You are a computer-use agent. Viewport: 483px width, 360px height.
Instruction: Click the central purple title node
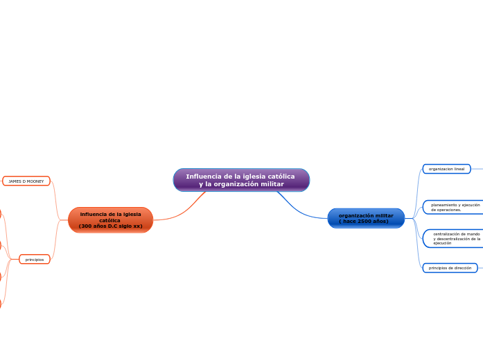[241, 180]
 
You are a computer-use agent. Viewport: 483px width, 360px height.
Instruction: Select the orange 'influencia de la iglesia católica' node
[110, 220]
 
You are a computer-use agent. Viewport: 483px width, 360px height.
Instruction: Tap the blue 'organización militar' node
[366, 218]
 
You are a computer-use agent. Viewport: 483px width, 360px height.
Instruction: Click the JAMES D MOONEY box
[26, 181]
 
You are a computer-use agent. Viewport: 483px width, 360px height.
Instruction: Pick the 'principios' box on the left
[35, 260]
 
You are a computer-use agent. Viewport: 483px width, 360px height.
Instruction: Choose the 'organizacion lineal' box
[446, 169]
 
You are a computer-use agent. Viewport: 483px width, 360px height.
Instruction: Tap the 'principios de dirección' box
[450, 268]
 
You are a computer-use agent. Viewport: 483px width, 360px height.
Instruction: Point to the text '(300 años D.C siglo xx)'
[110, 226]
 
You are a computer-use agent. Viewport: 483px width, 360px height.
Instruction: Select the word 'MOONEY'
[36, 181]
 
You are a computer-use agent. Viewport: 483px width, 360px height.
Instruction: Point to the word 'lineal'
[459, 169]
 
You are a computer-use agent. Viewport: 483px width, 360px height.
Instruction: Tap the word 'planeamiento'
[444, 205]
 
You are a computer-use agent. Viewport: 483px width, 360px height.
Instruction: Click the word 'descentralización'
[460, 239]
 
